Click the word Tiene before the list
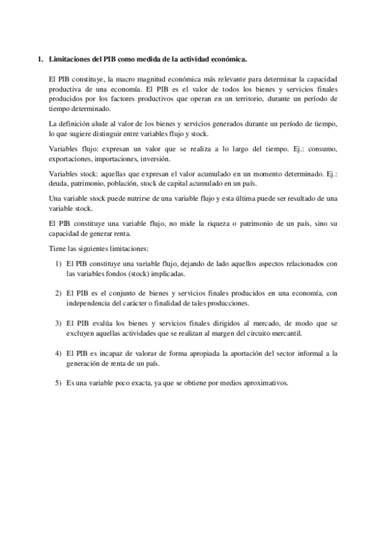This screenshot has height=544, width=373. point(58,248)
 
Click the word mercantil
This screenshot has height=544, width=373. point(282,334)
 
